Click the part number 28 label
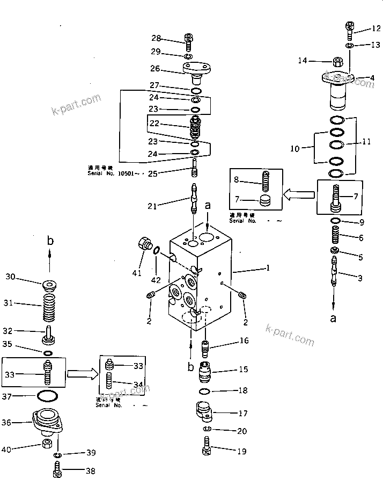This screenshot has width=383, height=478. [156, 38]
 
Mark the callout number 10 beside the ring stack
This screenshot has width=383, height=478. [294, 149]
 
